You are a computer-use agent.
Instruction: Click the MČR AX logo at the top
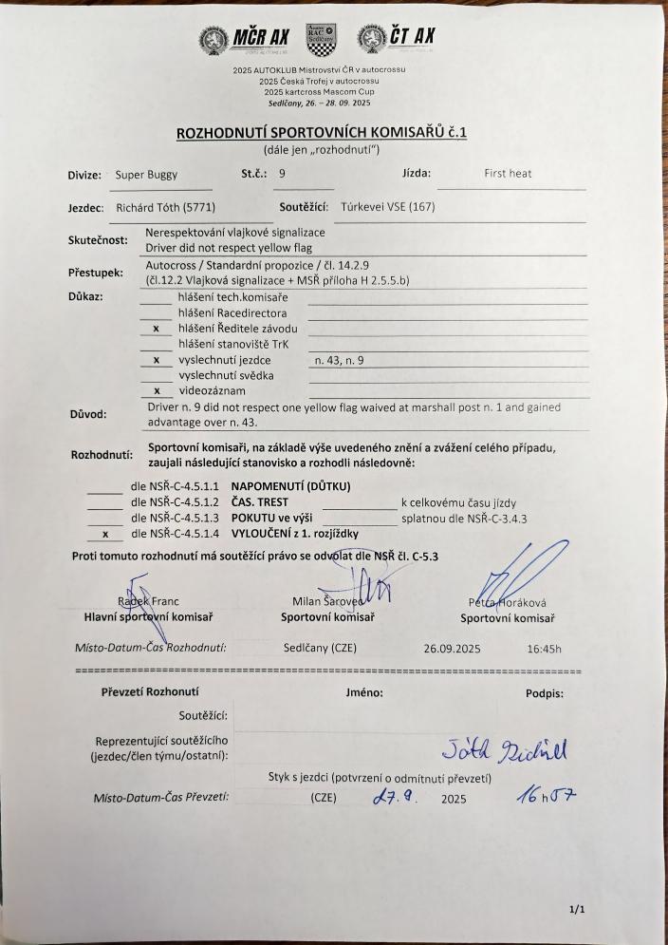(x=244, y=38)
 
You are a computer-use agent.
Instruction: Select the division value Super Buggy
(x=145, y=175)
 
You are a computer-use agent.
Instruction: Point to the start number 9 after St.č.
(x=282, y=174)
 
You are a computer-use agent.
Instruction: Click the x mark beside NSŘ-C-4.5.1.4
(x=104, y=534)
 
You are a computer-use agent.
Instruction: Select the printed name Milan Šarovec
(x=327, y=601)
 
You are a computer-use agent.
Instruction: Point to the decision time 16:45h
(x=544, y=650)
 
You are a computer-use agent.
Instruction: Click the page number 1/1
(x=577, y=909)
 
